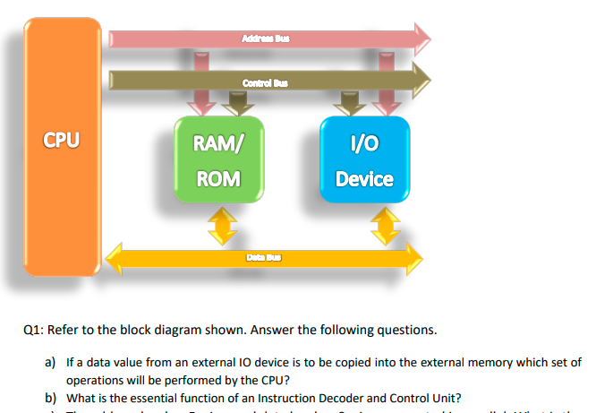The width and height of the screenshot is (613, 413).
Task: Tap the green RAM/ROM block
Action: point(218,159)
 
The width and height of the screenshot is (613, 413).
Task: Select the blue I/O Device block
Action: point(364,159)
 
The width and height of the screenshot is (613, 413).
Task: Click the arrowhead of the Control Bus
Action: point(421,82)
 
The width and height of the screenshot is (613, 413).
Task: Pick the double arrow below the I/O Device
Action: point(386,226)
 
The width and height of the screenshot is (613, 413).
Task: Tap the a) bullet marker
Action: point(51,363)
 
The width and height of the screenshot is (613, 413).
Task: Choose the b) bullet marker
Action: point(51,398)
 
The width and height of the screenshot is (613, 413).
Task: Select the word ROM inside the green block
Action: point(218,178)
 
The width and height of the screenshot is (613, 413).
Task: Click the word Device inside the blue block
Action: point(364,178)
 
